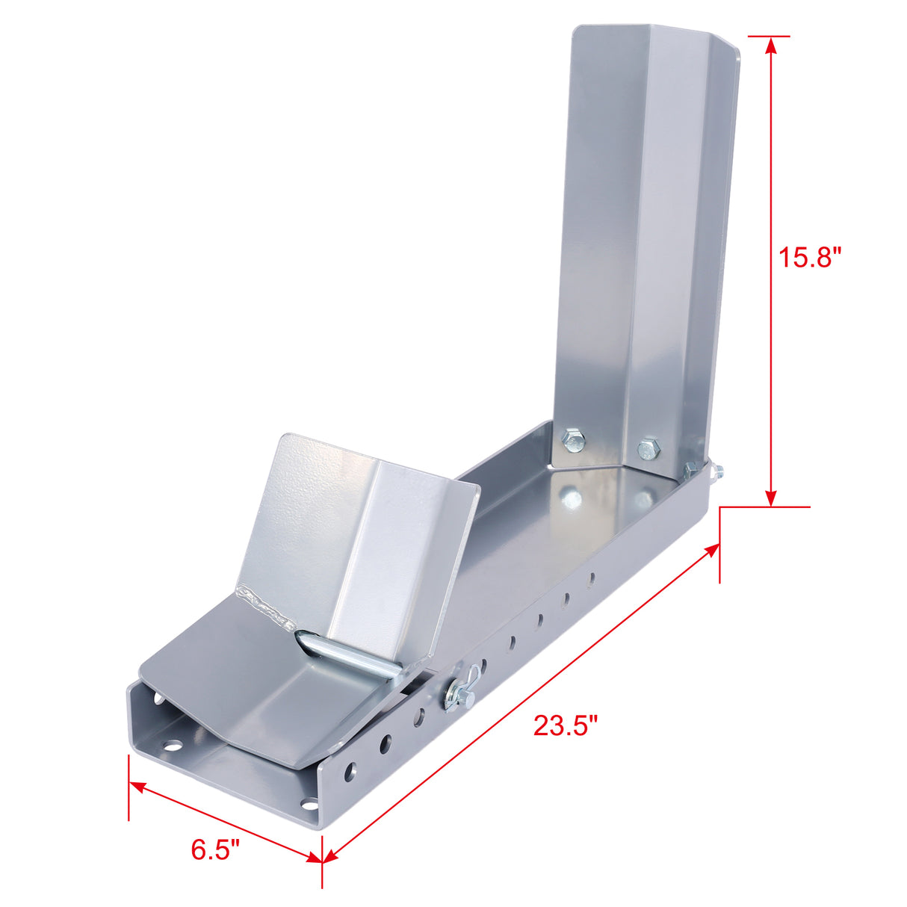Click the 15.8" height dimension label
(x=810, y=258)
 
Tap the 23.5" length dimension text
(x=566, y=725)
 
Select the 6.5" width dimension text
(x=215, y=849)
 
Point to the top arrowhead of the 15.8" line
(x=771, y=44)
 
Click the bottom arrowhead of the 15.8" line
(x=771, y=498)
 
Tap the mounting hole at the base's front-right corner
(x=308, y=805)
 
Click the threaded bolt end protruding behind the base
(x=717, y=471)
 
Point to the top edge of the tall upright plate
(x=654, y=33)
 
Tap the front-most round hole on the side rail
(x=348, y=772)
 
